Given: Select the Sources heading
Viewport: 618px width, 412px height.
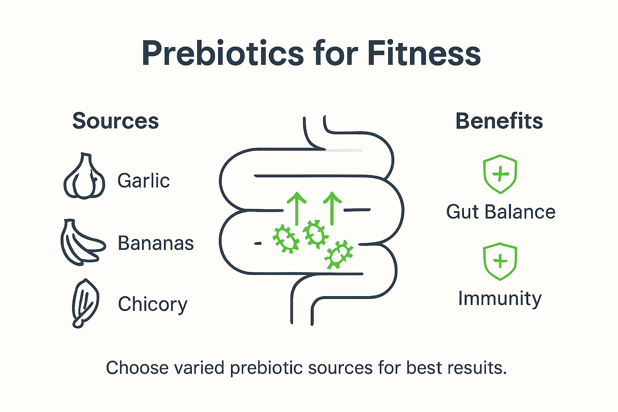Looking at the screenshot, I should (115, 121).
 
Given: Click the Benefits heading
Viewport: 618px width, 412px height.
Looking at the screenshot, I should (499, 121).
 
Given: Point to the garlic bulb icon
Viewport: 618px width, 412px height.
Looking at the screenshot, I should (84, 177).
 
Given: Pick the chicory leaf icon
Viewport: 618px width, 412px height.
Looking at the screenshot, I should (85, 303).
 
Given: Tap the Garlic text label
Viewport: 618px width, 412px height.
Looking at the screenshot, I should (143, 181).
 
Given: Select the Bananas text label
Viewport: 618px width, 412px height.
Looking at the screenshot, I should (156, 243).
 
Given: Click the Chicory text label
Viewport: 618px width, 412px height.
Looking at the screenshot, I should (152, 304).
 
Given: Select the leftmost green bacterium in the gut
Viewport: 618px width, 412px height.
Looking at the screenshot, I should (286, 239).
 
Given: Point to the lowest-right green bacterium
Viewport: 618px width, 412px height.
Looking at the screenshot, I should (339, 255).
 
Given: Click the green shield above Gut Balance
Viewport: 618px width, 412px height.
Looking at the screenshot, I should (500, 174).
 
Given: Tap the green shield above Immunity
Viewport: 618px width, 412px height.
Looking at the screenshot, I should (500, 261).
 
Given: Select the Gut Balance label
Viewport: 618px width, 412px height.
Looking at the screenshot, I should (501, 212).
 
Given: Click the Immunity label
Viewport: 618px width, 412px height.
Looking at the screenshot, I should (500, 299).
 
